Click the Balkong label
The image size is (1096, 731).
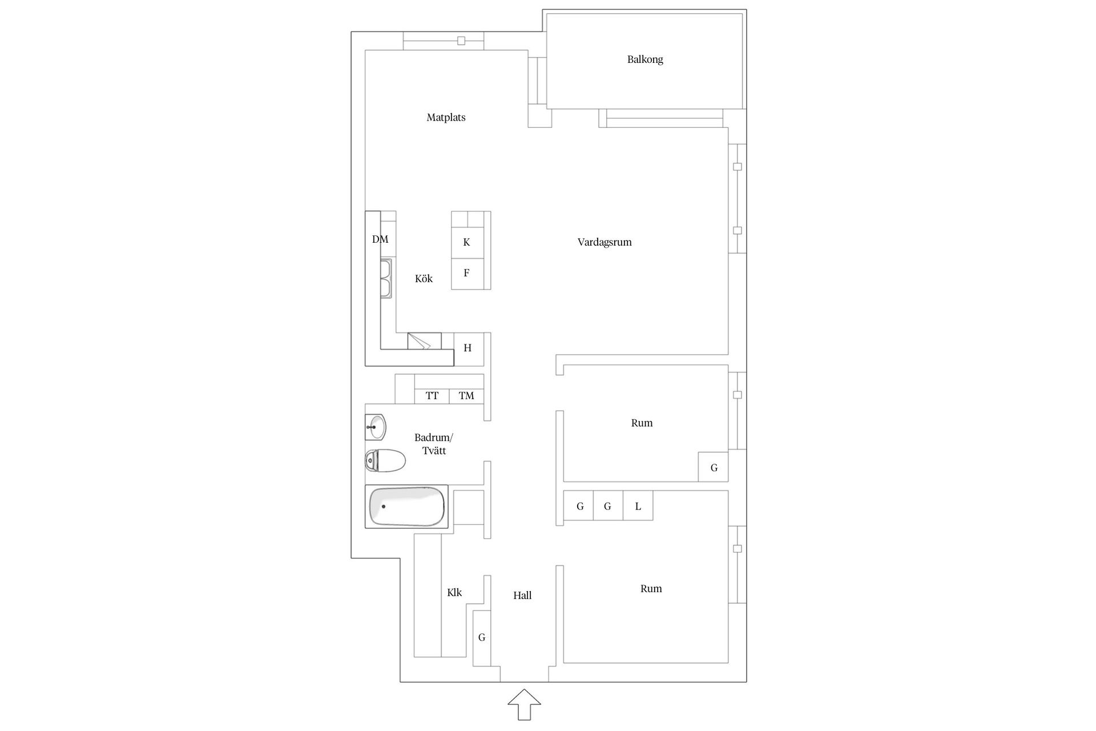(x=645, y=59)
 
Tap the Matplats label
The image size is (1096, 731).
(x=446, y=118)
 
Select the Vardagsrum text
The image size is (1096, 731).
(x=605, y=242)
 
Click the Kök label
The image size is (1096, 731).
(x=424, y=279)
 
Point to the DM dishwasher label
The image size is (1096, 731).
(x=380, y=239)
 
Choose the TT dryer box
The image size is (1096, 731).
(x=432, y=396)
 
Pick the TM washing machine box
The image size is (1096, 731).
(x=466, y=396)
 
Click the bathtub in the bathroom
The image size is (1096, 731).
(x=406, y=507)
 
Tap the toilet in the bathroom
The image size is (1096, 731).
(x=385, y=460)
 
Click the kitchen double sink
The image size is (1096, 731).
(x=386, y=279)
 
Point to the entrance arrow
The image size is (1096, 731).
(x=524, y=704)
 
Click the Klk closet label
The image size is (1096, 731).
(x=454, y=593)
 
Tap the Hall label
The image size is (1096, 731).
(x=522, y=596)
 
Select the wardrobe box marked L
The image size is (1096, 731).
(x=638, y=505)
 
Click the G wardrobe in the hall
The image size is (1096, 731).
(x=482, y=638)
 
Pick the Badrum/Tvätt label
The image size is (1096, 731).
(x=434, y=444)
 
